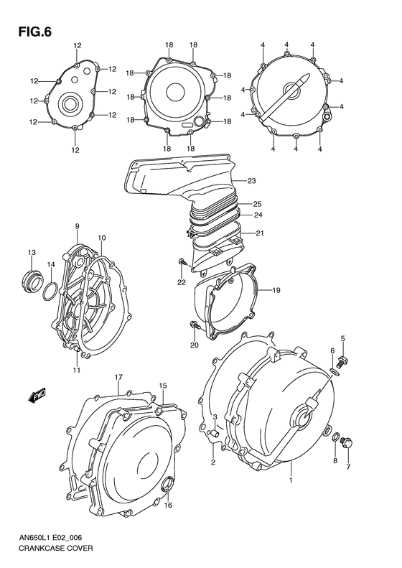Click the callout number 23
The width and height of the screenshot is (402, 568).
253,180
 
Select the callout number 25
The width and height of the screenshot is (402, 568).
256,203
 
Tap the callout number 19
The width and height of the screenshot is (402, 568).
276,290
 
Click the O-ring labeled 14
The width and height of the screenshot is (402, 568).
50,291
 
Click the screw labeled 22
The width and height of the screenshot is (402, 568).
184,265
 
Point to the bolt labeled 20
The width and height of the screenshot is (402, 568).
195,327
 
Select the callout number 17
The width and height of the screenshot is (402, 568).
118,377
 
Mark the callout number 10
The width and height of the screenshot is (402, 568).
102,238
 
